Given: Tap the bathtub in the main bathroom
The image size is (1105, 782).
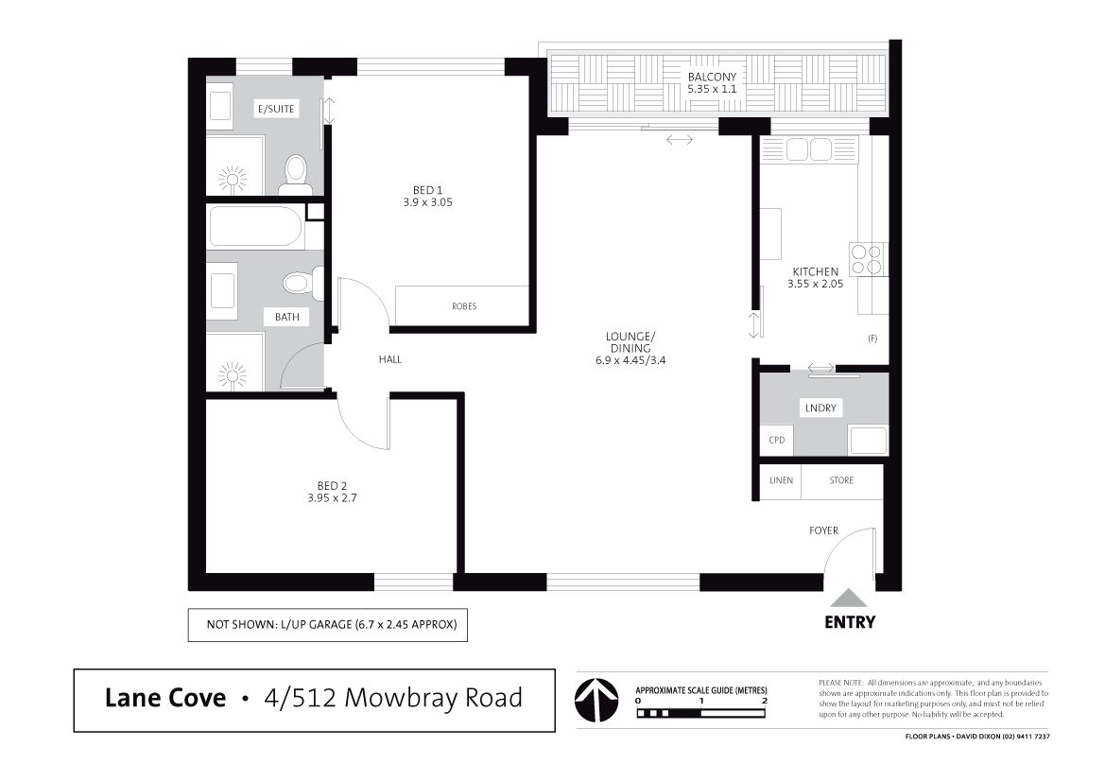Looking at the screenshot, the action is [x=256, y=227].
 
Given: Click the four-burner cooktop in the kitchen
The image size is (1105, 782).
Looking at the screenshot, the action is [x=868, y=259].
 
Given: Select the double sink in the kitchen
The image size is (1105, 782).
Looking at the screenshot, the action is [x=810, y=149].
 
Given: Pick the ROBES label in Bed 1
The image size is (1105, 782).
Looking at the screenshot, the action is [x=464, y=306].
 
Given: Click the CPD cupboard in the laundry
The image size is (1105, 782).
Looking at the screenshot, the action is [x=777, y=440].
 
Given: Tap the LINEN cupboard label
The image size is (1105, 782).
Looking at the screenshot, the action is [x=781, y=480].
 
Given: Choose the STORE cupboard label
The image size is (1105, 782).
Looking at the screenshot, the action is [x=841, y=480].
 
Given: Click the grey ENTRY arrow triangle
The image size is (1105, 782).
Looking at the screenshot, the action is [x=849, y=599].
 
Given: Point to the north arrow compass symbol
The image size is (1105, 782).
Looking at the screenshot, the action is [x=596, y=700].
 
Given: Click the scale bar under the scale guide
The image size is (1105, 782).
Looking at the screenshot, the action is [x=700, y=713].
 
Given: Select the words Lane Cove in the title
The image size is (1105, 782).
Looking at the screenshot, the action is [x=164, y=698].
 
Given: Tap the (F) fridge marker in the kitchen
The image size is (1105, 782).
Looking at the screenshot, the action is [x=872, y=339].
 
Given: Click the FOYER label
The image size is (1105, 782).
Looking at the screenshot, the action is [x=823, y=530].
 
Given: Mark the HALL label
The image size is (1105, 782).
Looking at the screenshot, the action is [x=389, y=359].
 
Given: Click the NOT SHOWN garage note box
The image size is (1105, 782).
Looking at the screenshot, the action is [x=328, y=625].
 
